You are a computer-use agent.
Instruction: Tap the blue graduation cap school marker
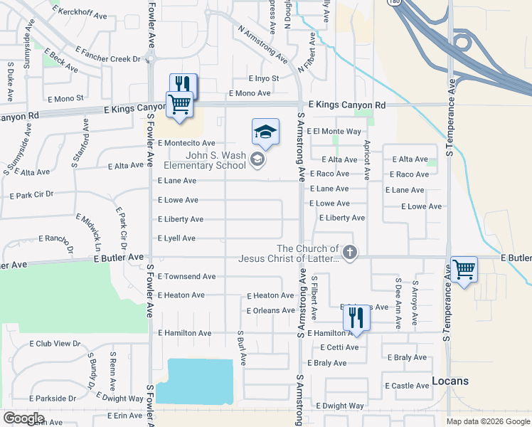click(265, 132)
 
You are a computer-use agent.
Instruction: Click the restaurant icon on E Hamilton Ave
click(358, 317)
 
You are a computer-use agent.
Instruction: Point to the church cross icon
click(349, 252)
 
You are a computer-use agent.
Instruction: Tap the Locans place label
click(450, 381)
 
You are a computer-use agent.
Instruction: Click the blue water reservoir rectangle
click(195, 381)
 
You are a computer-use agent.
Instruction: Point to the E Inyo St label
click(263, 78)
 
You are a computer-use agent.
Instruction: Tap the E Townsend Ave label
click(186, 276)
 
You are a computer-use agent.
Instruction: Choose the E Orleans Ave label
click(270, 310)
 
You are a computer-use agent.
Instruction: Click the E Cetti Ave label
click(338, 347)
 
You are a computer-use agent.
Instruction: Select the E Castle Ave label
click(407, 386)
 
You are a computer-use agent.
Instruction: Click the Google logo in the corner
click(23, 418)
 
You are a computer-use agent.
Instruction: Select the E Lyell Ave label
click(176, 238)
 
